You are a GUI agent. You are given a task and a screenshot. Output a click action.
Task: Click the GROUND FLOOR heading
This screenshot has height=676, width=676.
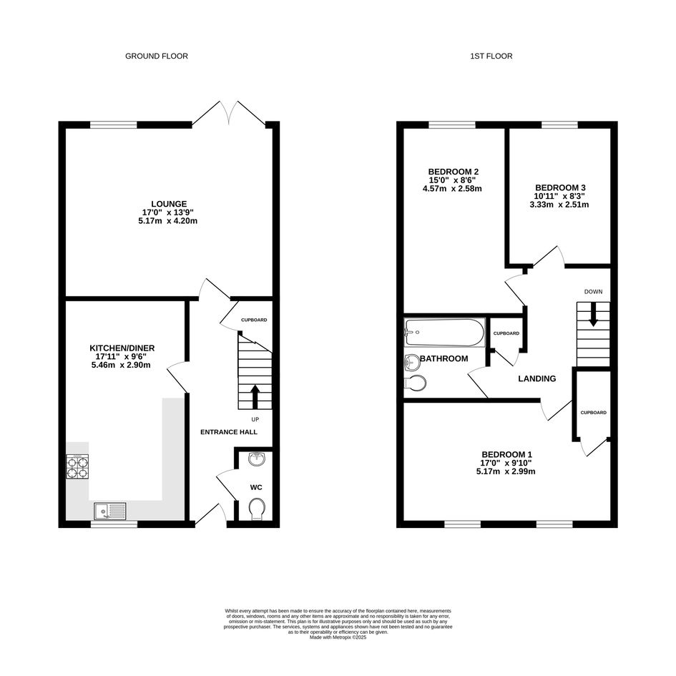pyautogui.click(x=157, y=56)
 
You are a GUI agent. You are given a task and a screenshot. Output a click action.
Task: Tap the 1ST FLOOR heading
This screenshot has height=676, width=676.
pyautogui.click(x=491, y=56)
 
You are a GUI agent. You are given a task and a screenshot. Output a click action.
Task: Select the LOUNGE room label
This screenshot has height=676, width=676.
pyautogui.click(x=169, y=204)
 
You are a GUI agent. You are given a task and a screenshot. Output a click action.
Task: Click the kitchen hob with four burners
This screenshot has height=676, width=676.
pyautogui.click(x=77, y=466)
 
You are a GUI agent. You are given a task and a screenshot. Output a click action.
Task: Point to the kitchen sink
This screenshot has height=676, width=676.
pyautogui.click(x=110, y=511)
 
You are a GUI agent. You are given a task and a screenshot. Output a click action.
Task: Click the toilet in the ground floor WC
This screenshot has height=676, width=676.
pyautogui.click(x=258, y=509)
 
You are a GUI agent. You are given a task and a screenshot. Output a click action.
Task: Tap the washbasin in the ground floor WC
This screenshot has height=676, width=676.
pyautogui.click(x=258, y=459)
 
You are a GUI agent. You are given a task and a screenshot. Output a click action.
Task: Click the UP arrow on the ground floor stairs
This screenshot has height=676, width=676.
pyautogui.click(x=255, y=396)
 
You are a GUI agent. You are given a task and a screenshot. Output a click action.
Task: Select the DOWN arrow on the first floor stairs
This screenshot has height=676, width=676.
pyautogui.click(x=593, y=314)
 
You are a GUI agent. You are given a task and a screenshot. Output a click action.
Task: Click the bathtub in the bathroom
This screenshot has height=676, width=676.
pyautogui.click(x=445, y=333)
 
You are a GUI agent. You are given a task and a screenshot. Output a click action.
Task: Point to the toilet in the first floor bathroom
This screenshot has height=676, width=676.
pyautogui.click(x=416, y=383)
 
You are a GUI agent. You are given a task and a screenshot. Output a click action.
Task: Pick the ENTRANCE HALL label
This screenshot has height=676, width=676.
pyautogui.click(x=229, y=432)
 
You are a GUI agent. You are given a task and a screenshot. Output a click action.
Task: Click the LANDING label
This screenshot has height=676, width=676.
pyautogui.click(x=537, y=378)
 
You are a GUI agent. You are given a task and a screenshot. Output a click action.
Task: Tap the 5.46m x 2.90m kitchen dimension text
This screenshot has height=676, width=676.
pyautogui.click(x=121, y=365)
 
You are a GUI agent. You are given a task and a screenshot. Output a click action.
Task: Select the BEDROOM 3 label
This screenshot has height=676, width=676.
pyautogui.click(x=560, y=187)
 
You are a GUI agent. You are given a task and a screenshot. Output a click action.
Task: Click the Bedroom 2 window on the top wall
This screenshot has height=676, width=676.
pyautogui.click(x=452, y=125)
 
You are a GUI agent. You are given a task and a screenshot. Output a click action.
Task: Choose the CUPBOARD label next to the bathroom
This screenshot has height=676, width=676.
pyautogui.click(x=506, y=333)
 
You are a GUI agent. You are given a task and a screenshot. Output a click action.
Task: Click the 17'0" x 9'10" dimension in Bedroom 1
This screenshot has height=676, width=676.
pyautogui.click(x=506, y=463)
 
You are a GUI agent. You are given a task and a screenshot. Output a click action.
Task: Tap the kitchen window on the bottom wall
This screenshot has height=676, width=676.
pyautogui.click(x=114, y=524)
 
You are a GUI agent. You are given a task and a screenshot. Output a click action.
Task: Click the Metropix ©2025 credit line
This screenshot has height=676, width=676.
pyautogui.click(x=338, y=637)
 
